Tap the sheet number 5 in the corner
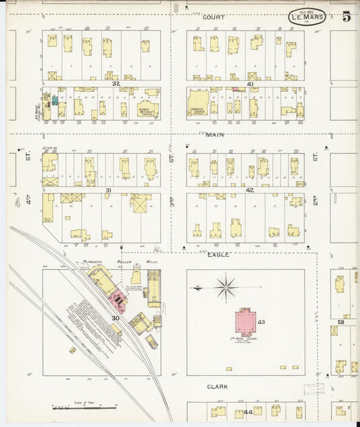click(x=346, y=16)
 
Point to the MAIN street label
click(x=215, y=135)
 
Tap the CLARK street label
click(x=217, y=387)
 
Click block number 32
click(x=115, y=83)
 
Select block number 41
click(x=250, y=84)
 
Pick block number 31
click(x=108, y=191)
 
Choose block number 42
click(x=249, y=191)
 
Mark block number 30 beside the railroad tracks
click(x=115, y=318)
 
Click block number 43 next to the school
click(x=261, y=322)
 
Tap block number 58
click(x=341, y=322)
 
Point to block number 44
click(x=248, y=411)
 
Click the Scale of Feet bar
click(x=84, y=408)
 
